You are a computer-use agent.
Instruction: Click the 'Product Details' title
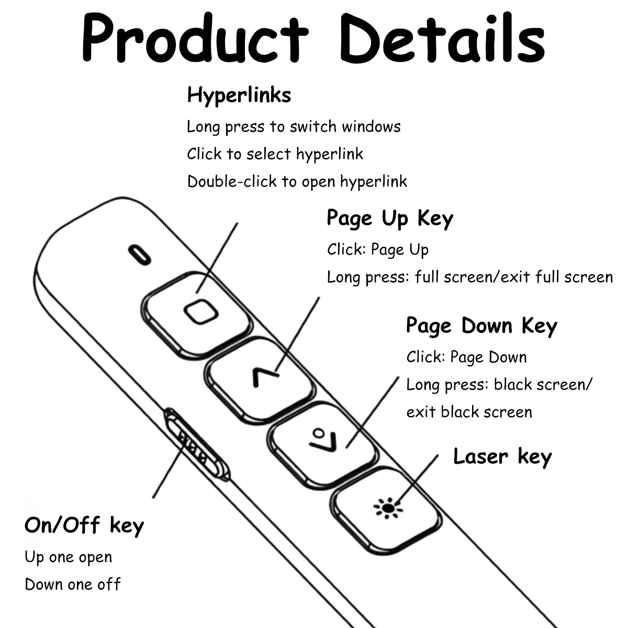point(313,38)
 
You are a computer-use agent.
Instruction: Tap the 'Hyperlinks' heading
point(239,95)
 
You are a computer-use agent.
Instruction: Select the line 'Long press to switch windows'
point(294,127)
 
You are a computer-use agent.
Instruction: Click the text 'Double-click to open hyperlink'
point(297,182)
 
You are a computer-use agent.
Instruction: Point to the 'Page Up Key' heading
point(390,218)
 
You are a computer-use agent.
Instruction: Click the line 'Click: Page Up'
point(378,250)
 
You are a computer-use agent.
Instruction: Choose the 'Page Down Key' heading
point(481,326)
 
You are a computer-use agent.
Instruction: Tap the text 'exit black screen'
point(469,412)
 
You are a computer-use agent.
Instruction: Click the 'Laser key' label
point(502,456)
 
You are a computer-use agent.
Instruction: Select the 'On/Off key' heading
point(84,525)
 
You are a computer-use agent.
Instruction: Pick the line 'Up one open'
point(69,557)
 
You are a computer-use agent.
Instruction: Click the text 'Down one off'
point(73,585)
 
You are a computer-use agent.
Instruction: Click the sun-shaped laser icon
point(388,508)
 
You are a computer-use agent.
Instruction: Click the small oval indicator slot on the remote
point(140,255)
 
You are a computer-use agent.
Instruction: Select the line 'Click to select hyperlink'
point(275,154)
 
